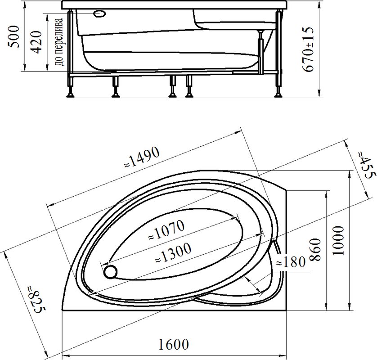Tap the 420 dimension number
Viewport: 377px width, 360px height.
point(37,42)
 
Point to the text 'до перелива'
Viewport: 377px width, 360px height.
point(59,42)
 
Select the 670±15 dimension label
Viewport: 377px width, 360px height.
point(308,49)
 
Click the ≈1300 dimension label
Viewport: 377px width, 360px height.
point(173,253)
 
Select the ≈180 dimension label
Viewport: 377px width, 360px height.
point(291,262)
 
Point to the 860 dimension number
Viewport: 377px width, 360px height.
point(315,250)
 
